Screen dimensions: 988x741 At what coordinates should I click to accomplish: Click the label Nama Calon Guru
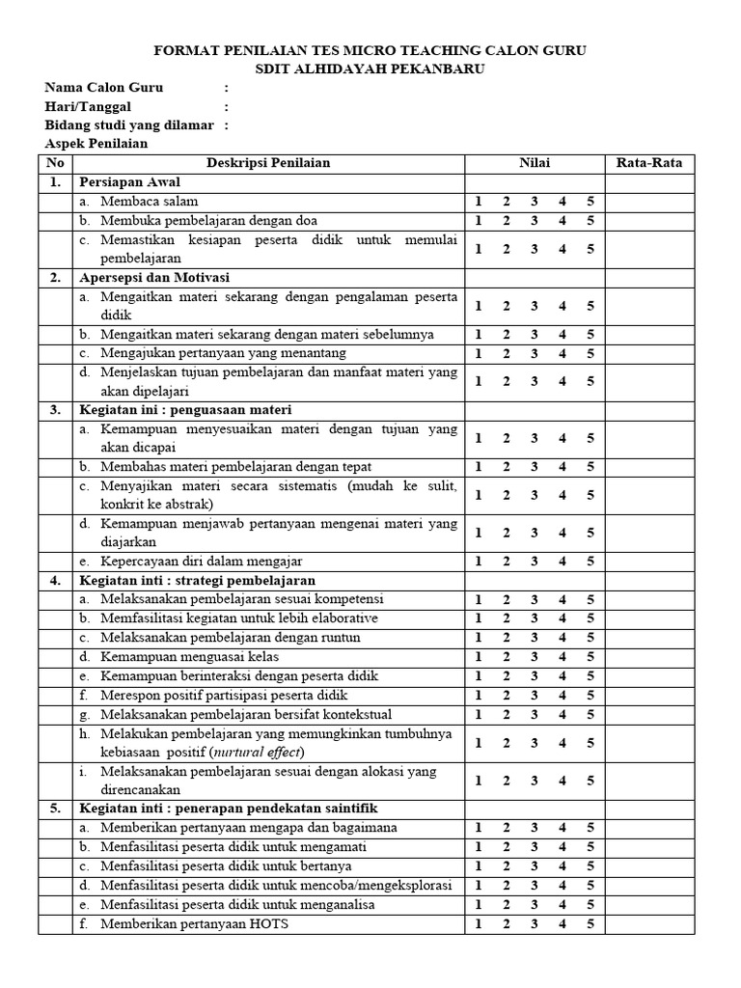(104, 88)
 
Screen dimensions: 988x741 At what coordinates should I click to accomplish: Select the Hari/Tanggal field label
(88, 106)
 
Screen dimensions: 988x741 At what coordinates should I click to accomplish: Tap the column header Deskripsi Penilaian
(268, 162)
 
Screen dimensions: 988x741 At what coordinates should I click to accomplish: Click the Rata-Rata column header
(648, 162)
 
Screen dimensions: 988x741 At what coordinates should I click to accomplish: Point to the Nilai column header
(534, 162)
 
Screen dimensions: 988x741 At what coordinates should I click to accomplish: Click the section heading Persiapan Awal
(129, 181)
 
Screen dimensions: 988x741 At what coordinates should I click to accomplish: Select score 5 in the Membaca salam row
(590, 201)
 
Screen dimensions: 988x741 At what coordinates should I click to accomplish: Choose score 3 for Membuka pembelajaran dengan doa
(534, 220)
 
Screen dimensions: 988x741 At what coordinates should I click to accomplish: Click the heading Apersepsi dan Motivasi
(145, 277)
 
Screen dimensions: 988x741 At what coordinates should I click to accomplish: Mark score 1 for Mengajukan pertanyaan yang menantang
(478, 353)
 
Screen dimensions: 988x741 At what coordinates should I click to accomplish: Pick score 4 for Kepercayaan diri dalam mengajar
(563, 561)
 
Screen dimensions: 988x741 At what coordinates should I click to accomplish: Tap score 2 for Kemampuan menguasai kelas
(506, 656)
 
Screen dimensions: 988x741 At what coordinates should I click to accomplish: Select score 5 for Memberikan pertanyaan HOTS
(590, 923)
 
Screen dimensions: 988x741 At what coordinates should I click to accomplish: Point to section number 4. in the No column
(55, 580)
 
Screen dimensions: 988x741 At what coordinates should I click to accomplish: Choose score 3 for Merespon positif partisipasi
(534, 695)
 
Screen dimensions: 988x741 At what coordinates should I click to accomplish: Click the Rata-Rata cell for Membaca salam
(648, 201)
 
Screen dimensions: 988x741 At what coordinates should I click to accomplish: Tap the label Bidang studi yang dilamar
(129, 124)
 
